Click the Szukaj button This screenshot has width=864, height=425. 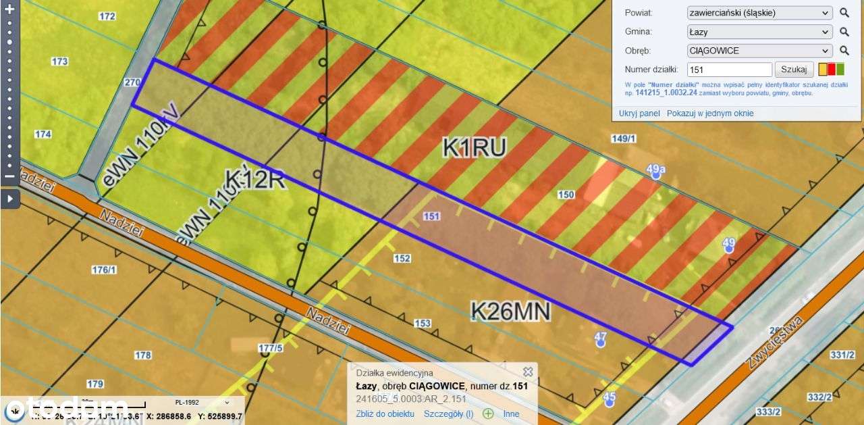[794, 69]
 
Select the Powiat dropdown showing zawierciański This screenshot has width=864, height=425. [759, 13]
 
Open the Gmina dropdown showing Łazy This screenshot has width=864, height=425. [759, 32]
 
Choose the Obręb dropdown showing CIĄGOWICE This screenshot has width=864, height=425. [759, 51]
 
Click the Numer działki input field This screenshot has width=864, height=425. [729, 70]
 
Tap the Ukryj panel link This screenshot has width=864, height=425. [639, 114]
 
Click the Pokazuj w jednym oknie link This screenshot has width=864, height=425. [710, 114]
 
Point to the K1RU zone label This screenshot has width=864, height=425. [474, 147]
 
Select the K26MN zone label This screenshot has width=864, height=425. [510, 311]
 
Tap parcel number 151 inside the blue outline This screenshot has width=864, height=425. [431, 216]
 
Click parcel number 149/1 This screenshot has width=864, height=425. [623, 139]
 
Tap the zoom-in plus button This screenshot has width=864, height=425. [9, 9]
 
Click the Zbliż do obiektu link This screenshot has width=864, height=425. [385, 414]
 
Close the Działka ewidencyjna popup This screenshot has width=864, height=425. [528, 372]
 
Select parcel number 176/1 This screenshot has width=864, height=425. [104, 270]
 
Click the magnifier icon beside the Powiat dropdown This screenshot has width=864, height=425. [844, 13]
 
